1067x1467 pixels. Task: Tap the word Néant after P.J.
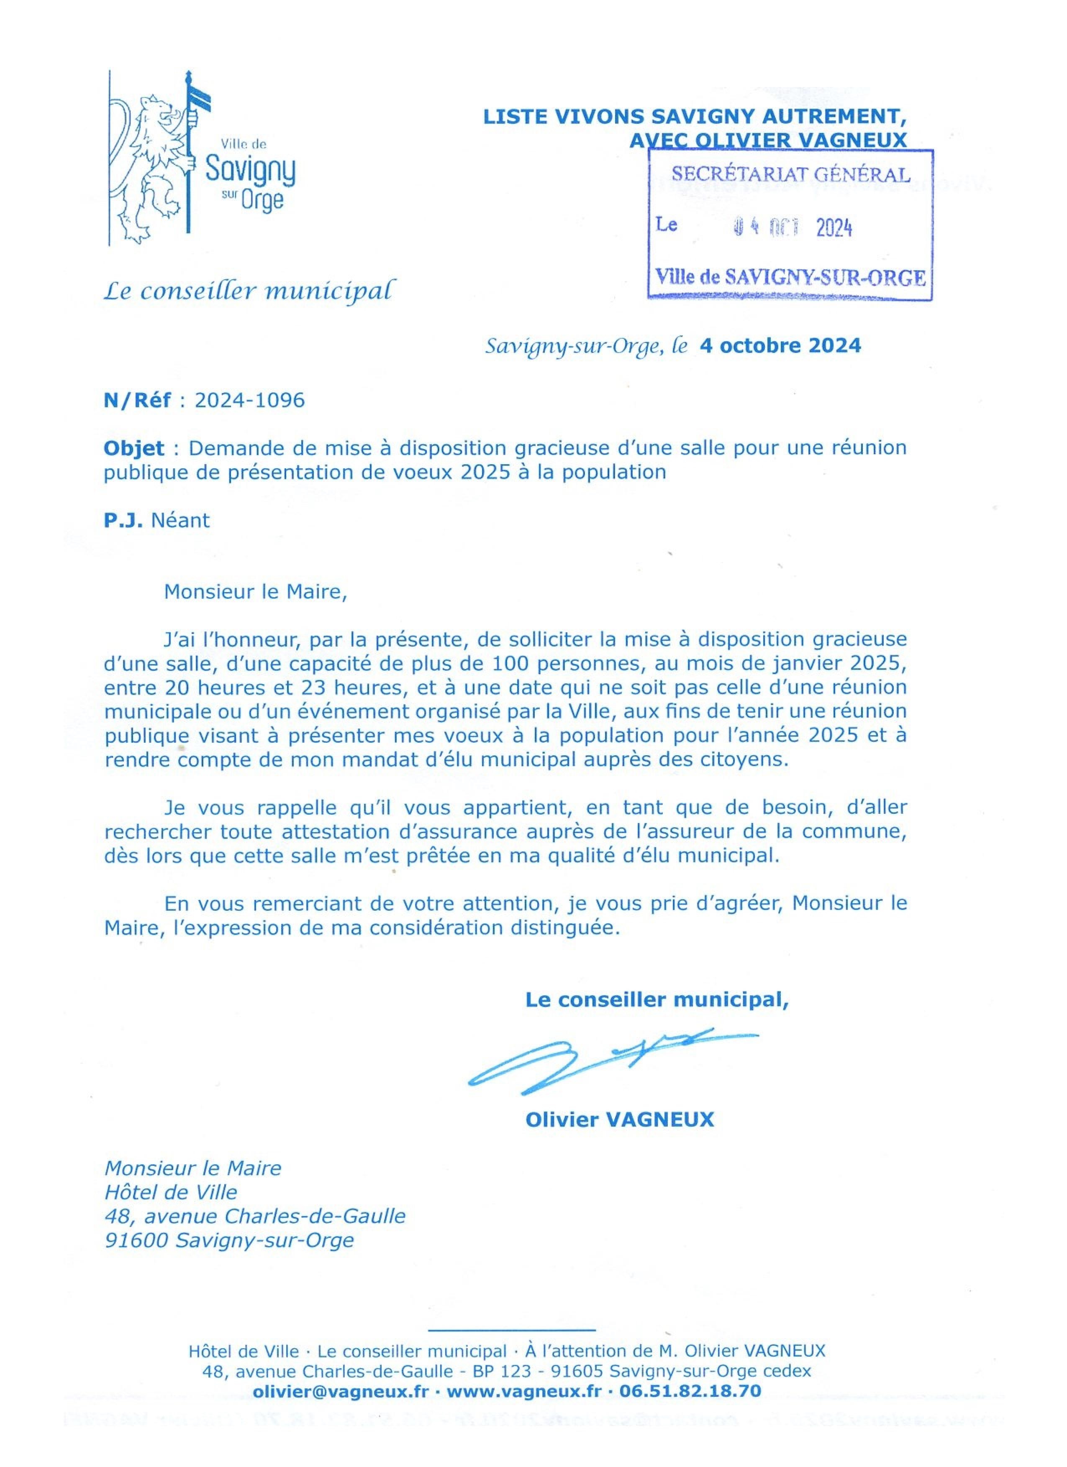(x=180, y=521)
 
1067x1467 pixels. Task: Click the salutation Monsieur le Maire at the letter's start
(x=256, y=592)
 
